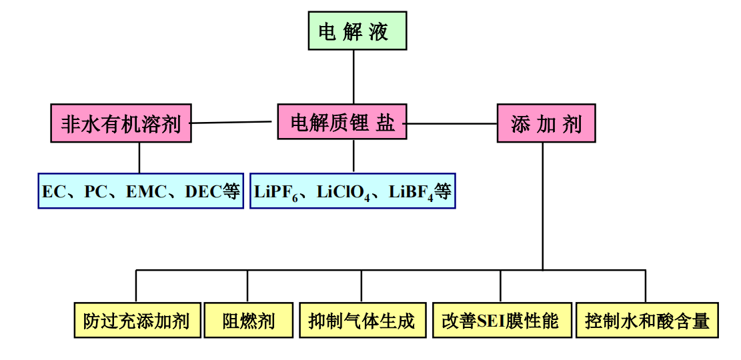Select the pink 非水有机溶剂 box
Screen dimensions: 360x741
pyautogui.click(x=121, y=123)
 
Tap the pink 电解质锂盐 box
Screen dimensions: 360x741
pyautogui.click(x=341, y=122)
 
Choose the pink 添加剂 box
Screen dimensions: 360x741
pyautogui.click(x=546, y=124)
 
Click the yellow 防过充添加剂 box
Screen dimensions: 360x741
pyautogui.click(x=137, y=321)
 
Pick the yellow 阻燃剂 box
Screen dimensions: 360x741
pyautogui.click(x=248, y=321)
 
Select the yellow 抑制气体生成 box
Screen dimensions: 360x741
pyautogui.click(x=361, y=321)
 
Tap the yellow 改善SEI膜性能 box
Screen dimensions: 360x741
pyautogui.click(x=500, y=321)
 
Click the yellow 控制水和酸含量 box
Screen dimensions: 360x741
pyautogui.click(x=646, y=321)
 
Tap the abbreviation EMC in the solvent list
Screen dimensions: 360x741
pyautogui.click(x=145, y=192)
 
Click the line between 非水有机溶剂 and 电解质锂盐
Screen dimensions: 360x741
pyautogui.click(x=233, y=123)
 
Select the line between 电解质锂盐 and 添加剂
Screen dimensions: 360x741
pyautogui.click(x=452, y=123)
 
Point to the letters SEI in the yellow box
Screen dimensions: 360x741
pyautogui.click(x=491, y=321)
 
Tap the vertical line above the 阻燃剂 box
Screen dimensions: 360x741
pyautogui.click(x=247, y=286)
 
